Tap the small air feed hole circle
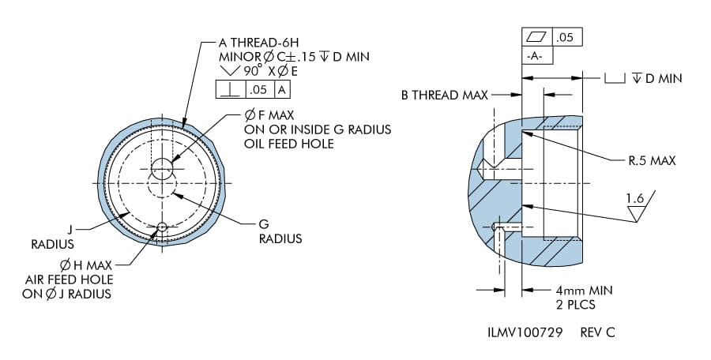(x=162, y=227)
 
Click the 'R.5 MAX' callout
(x=653, y=160)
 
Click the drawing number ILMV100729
(x=525, y=332)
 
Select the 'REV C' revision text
(x=597, y=332)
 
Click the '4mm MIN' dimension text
(x=585, y=290)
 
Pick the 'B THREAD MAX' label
(x=445, y=96)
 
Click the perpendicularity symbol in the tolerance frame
(x=230, y=89)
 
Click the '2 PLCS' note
(x=576, y=304)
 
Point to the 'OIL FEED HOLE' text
(x=289, y=144)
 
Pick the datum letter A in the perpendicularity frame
(x=282, y=89)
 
